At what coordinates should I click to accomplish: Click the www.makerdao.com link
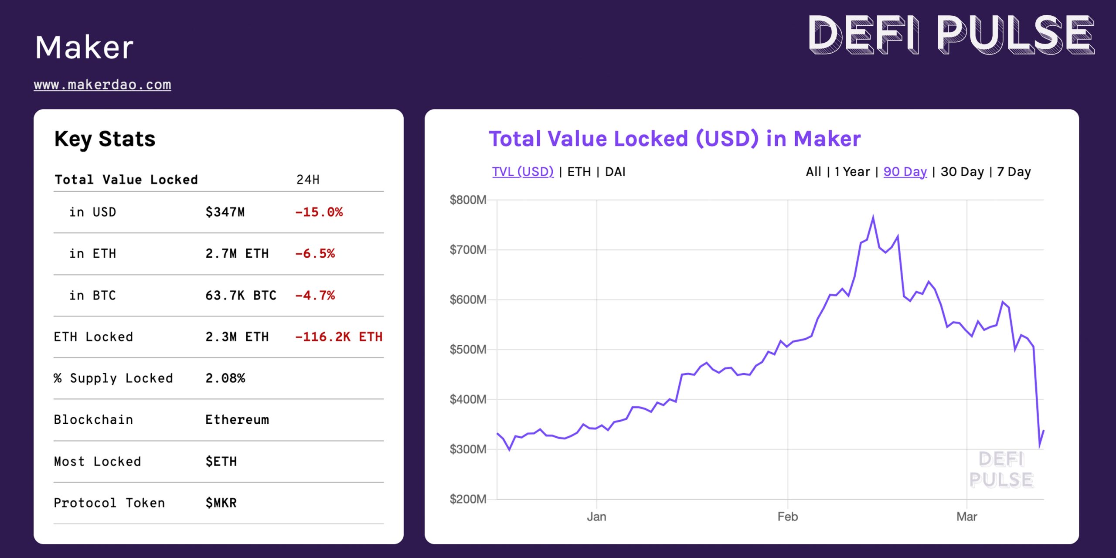102,85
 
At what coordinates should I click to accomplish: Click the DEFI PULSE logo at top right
950,35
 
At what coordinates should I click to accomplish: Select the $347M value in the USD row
225,212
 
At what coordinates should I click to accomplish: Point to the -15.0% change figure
319,212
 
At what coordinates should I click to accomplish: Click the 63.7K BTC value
241,296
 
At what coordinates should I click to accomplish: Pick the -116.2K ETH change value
338,337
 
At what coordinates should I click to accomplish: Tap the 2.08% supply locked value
225,378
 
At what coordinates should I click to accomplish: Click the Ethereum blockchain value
237,420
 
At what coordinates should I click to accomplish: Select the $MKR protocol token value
221,503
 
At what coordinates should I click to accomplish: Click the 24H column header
308,180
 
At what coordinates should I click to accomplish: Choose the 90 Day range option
905,172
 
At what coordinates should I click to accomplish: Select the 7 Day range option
1014,172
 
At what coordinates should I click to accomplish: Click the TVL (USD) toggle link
523,172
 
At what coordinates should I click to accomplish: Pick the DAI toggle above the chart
615,172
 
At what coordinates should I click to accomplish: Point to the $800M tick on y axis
468,200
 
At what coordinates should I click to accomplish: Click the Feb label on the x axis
787,517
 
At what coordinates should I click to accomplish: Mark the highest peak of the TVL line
873,217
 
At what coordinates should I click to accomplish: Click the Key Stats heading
105,139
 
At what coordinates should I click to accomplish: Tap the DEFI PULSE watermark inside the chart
1001,470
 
